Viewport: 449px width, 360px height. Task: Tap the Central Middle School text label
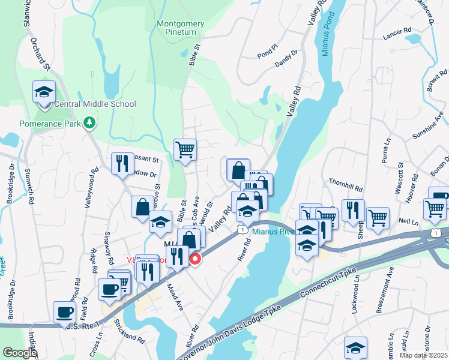pos(95,104)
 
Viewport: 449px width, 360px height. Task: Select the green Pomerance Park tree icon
pos(90,123)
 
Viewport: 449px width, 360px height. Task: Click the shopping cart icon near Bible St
pos(185,149)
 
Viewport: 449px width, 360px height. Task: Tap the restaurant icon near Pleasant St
pos(122,163)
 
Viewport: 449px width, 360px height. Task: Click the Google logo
pos(20,352)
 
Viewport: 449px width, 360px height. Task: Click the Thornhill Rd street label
pos(346,184)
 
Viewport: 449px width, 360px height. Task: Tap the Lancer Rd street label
pos(397,30)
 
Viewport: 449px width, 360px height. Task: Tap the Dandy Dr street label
pos(286,56)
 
